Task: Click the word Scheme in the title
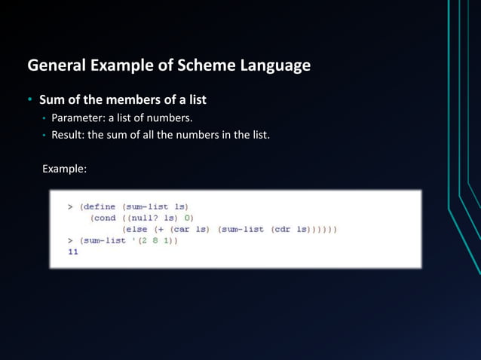point(206,66)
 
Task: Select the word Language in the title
point(273,66)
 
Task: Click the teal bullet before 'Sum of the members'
point(30,99)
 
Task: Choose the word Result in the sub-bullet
point(68,136)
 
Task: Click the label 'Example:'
point(64,169)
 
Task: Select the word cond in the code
point(104,217)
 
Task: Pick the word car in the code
point(179,228)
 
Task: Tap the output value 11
point(72,252)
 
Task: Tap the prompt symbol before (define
point(69,206)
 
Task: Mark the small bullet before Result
point(44,136)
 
